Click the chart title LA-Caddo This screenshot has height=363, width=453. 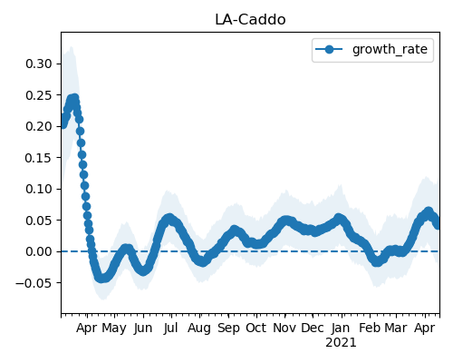pos(250,20)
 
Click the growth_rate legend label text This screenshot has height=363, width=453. pos(390,50)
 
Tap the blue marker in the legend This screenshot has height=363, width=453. pos(329,49)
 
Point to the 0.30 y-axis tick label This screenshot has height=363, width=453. pos(39,64)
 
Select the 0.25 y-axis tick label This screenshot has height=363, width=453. pos(39,95)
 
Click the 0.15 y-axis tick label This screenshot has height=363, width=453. pos(39,158)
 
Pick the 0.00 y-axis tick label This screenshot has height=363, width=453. pos(39,251)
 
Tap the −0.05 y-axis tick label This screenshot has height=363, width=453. pos(34,283)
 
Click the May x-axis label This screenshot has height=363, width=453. pos(114,329)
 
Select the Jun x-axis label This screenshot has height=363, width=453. pos(143,329)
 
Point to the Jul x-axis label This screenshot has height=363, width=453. pos(171,329)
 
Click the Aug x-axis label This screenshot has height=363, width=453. pos(199,329)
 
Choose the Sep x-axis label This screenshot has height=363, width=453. pos(228,329)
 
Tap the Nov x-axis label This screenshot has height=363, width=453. pos(284,329)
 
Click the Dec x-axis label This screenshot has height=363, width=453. pos(313,329)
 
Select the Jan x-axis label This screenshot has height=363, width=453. pos(341,329)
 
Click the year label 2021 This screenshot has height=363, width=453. pos(341,343)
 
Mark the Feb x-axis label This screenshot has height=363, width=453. pos(370,329)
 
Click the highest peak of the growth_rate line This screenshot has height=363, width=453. pos(74,98)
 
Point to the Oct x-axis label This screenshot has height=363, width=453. pos(256,329)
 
